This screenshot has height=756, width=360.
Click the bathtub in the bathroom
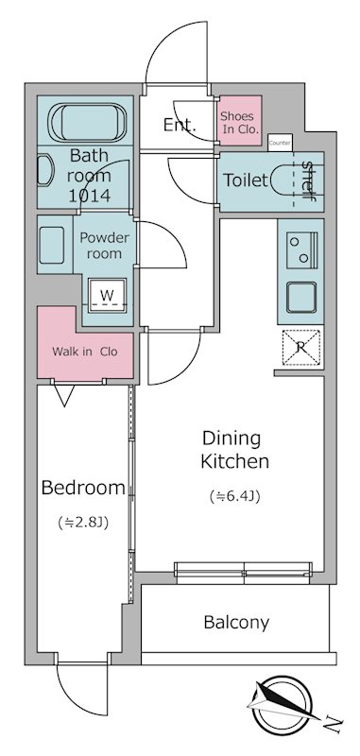tap(87, 123)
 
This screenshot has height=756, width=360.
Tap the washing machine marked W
tap(107, 295)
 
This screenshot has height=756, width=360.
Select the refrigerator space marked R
tap(300, 347)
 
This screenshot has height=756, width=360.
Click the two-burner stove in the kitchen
tap(301, 249)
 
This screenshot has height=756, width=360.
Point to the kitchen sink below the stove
tap(301, 297)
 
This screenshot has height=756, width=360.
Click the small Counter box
tap(280, 143)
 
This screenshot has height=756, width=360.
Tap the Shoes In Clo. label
tap(239, 123)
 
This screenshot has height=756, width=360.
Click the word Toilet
tap(245, 180)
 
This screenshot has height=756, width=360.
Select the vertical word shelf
tap(307, 180)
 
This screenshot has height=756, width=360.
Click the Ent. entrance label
tap(180, 126)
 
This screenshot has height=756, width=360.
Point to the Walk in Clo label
tap(84, 352)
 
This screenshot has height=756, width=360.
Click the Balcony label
tap(236, 623)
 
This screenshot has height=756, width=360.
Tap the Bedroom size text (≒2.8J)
tap(83, 523)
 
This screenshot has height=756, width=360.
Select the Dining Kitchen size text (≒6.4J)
tap(235, 496)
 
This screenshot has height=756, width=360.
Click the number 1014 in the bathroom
tap(89, 196)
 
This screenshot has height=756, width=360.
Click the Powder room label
tap(105, 246)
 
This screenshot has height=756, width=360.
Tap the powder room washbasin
tap(52, 245)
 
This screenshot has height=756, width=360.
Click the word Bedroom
tap(83, 488)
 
